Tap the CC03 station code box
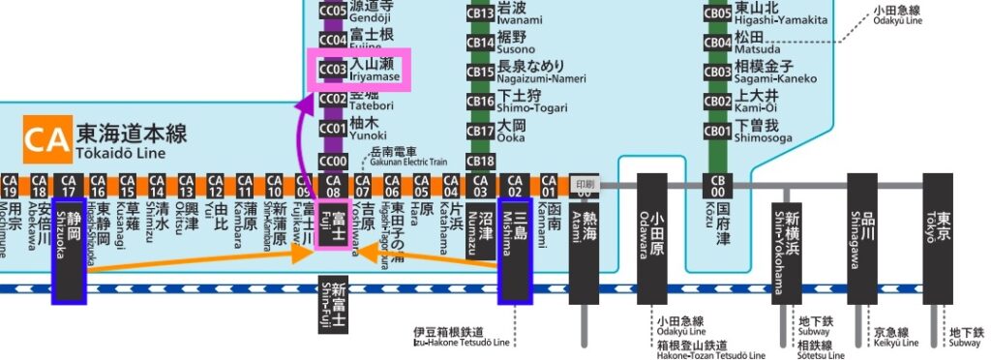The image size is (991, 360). pos(333,70)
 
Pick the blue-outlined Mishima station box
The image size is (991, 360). pos(516,237)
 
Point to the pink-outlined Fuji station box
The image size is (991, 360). pos(333,231)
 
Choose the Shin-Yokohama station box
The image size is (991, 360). pos(788,252)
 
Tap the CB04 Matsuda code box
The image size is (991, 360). pos(717,43)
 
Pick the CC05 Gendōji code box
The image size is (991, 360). pos(333,11)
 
